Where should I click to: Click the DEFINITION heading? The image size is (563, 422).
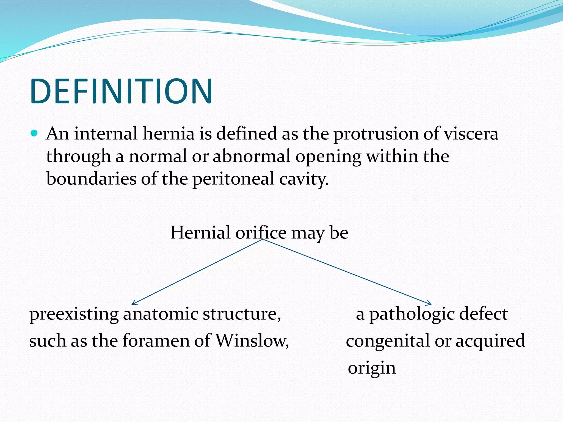[121, 91]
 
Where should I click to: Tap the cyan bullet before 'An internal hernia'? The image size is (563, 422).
[34, 134]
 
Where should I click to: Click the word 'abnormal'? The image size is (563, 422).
[251, 156]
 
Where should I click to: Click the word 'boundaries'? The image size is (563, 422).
[91, 179]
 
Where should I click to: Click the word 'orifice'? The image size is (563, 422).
[261, 233]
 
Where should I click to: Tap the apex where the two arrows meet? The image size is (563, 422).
[263, 239]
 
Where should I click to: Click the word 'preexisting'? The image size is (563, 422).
[74, 314]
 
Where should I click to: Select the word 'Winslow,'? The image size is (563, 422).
[252, 341]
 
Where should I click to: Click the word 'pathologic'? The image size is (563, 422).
[412, 314]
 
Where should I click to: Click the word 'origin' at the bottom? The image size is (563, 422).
[372, 368]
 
